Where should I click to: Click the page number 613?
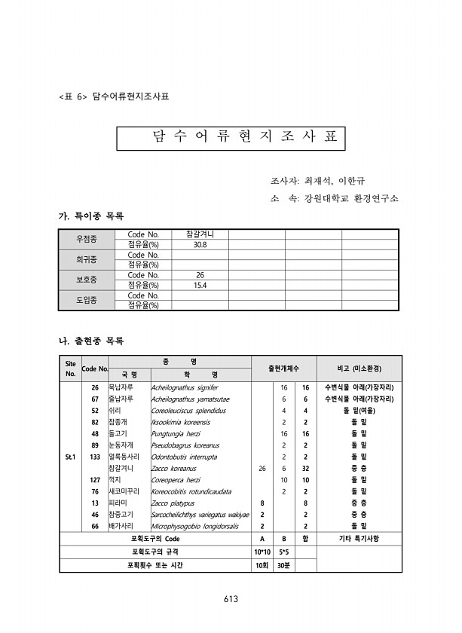click(231, 598)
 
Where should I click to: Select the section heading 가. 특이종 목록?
click(90, 216)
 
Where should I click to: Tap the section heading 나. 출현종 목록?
click(90, 341)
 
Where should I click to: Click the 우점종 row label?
click(87, 239)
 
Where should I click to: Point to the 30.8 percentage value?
click(200, 245)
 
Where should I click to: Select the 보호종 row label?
click(87, 280)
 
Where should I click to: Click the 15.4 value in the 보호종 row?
click(200, 286)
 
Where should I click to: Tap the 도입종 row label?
click(87, 300)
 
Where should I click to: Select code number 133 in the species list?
click(95, 457)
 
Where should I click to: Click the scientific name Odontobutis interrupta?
click(184, 457)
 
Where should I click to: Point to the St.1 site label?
click(70, 457)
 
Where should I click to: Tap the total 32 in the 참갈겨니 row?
click(305, 468)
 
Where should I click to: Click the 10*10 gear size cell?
click(262, 552)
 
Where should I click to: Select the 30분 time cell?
click(283, 565)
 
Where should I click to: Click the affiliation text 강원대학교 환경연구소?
click(350, 198)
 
